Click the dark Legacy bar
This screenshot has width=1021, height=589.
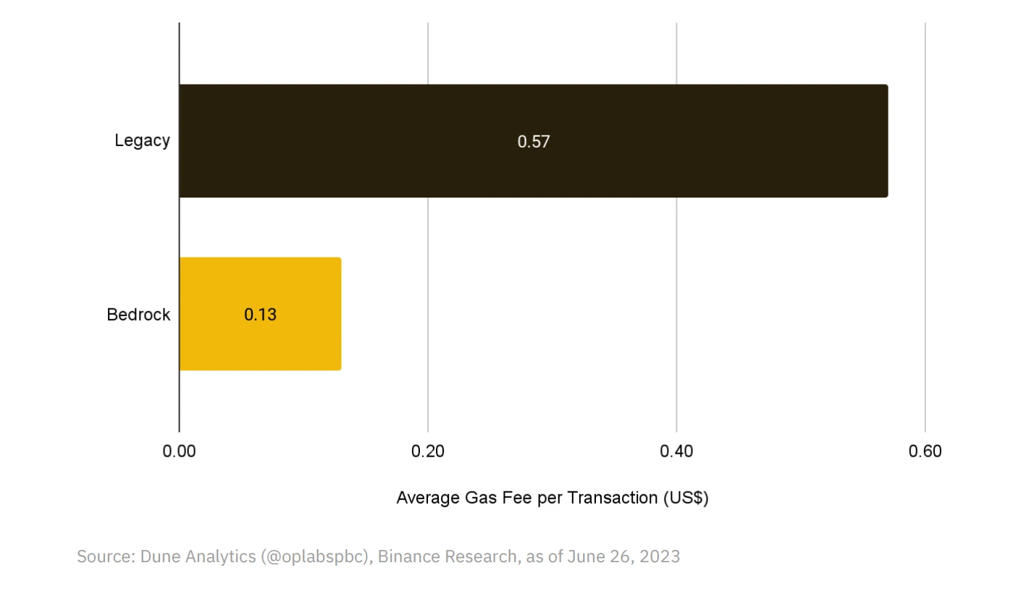pos(652,141)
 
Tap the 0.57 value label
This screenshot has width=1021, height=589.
pos(534,142)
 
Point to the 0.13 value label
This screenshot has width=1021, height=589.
pos(260,315)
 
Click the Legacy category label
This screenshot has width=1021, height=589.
pos(142,140)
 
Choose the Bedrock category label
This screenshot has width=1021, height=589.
pos(138,315)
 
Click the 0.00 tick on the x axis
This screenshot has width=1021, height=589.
pos(180,452)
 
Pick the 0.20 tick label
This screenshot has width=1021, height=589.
pos(428,452)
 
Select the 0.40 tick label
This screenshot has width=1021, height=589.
pos(676,452)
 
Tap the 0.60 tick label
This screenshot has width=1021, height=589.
pos(925,452)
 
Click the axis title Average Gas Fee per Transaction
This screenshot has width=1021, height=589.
pos(552,499)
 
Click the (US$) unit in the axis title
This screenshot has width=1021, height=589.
pos(686,499)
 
